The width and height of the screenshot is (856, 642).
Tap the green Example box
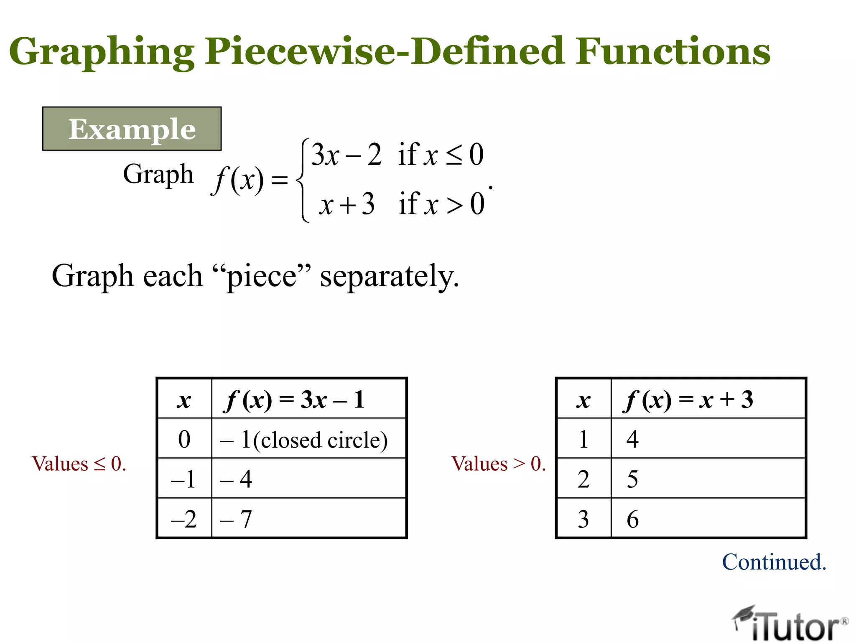click(132, 129)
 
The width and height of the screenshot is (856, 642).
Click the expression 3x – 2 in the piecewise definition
click(346, 155)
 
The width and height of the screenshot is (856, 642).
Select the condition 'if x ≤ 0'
click(441, 155)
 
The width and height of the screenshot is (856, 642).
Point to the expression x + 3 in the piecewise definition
click(346, 204)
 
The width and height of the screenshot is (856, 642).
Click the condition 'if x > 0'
click(441, 204)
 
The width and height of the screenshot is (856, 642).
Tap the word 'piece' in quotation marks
click(262, 277)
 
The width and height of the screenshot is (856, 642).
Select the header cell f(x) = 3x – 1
click(295, 400)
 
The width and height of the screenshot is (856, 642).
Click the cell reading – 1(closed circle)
click(304, 440)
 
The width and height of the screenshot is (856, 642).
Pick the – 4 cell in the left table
click(237, 479)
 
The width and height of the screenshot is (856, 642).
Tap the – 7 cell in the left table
click(237, 519)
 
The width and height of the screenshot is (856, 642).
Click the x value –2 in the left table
click(184, 519)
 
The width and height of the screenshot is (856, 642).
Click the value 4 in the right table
click(632, 439)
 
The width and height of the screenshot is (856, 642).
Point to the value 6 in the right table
click(632, 519)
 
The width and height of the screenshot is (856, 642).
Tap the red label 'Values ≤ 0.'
click(79, 464)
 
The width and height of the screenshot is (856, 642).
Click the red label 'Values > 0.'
click(499, 464)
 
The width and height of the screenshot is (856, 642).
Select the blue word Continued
click(774, 562)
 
